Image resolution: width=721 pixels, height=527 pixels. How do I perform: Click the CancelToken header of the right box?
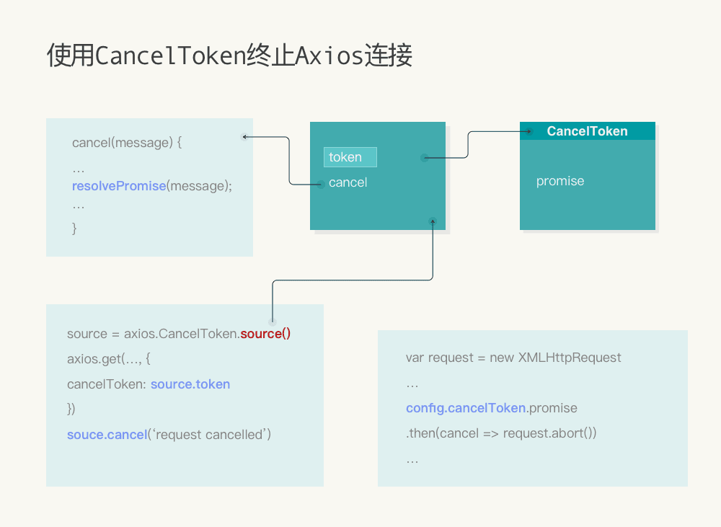coord(587,131)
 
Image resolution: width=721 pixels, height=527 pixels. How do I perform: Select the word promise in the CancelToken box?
coord(560,181)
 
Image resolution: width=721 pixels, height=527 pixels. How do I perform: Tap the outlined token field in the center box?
coord(350,157)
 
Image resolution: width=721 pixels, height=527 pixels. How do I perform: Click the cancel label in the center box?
coord(348,182)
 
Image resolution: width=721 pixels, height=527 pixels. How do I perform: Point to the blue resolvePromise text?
coord(119,186)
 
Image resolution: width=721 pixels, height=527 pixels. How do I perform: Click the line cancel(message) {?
coord(127,143)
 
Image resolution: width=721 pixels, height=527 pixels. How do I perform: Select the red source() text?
coord(265,334)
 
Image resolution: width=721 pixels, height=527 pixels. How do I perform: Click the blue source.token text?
coord(190,384)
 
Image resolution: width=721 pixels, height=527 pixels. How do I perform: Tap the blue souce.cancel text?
coord(107,435)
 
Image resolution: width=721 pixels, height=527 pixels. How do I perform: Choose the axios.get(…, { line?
coord(108,359)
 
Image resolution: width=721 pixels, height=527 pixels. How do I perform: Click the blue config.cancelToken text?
coord(466,408)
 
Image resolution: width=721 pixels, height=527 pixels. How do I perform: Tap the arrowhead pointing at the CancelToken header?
coord(528,131)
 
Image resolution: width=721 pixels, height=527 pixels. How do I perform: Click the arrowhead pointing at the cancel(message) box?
coord(245,136)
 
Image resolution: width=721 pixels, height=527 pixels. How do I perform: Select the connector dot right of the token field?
coord(425,158)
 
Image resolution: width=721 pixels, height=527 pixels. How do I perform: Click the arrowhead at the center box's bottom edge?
coord(433,221)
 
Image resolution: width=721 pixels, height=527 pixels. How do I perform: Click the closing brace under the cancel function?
coord(74,229)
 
